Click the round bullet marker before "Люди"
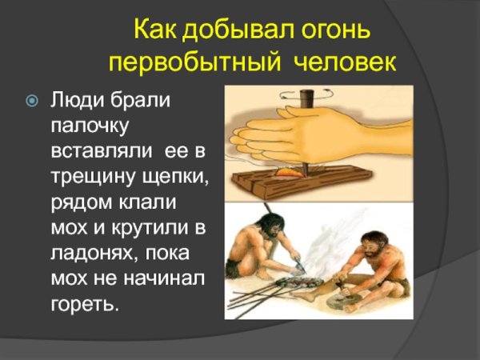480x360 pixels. tap(31, 102)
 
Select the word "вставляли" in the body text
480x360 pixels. tap(103, 151)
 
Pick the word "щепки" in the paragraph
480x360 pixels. tap(178, 178)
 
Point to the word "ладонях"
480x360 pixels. tap(90, 254)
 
